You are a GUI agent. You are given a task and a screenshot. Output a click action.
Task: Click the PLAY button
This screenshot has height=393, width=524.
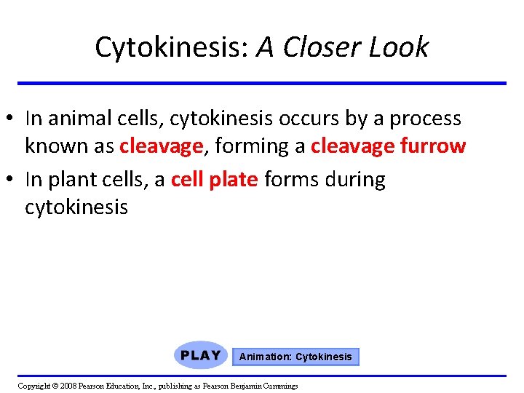[201, 356]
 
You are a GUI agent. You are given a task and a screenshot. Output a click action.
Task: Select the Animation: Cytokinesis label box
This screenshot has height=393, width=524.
[295, 357]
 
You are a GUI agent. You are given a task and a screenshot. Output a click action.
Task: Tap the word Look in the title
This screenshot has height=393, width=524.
[399, 47]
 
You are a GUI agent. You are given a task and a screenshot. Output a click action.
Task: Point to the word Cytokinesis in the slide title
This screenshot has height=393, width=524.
[172, 47]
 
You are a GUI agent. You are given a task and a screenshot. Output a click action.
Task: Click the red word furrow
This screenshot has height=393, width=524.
[432, 146]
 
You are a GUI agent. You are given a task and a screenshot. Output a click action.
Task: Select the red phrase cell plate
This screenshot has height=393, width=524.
[214, 179]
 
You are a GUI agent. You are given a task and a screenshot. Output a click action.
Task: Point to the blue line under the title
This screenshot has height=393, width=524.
[262, 83]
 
